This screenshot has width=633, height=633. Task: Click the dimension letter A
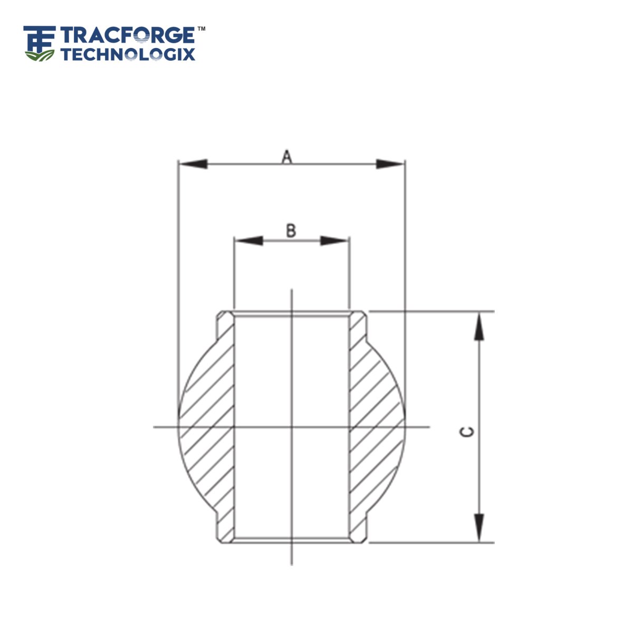click(x=286, y=156)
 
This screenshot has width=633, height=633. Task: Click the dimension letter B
click(x=291, y=231)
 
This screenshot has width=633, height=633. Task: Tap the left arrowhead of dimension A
click(x=193, y=164)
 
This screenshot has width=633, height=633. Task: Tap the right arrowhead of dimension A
click(x=390, y=164)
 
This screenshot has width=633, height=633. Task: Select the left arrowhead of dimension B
click(x=248, y=241)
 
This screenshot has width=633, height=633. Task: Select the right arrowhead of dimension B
click(x=334, y=241)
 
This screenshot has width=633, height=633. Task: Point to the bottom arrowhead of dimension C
click(x=478, y=528)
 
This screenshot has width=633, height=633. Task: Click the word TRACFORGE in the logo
click(x=128, y=35)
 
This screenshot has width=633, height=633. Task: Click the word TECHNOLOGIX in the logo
click(x=128, y=54)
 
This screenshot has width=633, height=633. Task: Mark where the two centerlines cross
click(x=292, y=426)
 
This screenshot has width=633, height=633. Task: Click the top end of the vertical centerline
click(x=292, y=290)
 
